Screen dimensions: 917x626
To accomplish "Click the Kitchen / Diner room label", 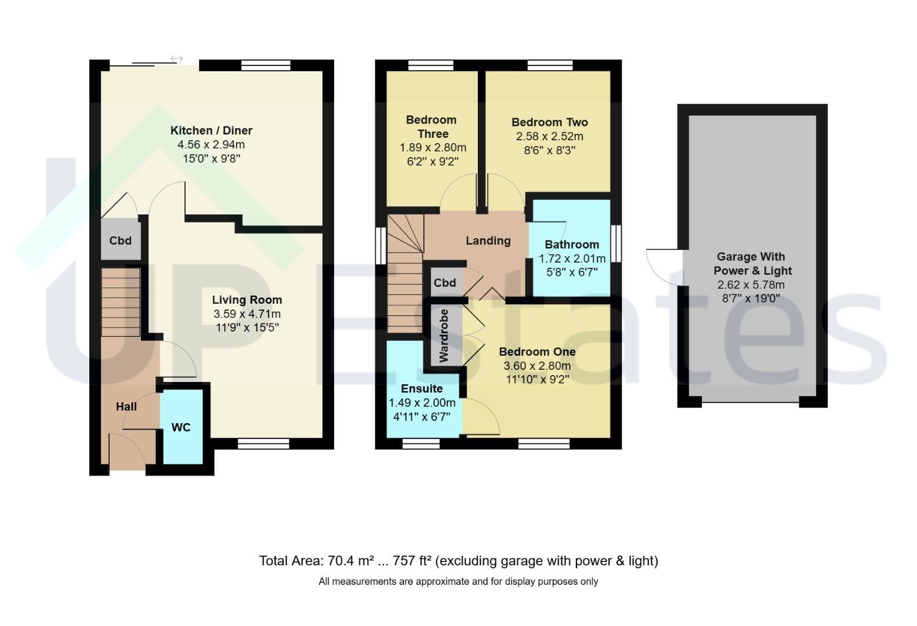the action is [x=211, y=130].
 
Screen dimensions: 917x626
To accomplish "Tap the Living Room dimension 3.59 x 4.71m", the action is [x=247, y=314].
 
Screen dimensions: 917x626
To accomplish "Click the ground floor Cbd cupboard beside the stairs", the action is [x=121, y=240].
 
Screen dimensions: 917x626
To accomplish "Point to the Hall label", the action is [x=126, y=407].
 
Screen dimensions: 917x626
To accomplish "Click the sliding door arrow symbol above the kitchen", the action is [x=177, y=59].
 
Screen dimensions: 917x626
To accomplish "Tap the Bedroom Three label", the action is [x=432, y=127].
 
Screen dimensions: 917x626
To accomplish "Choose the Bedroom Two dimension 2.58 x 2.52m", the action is [x=549, y=136].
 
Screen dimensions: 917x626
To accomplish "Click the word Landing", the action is [x=488, y=241].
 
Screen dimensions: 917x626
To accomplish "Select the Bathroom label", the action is [x=572, y=245].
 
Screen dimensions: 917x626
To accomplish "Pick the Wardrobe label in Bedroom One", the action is [x=444, y=336].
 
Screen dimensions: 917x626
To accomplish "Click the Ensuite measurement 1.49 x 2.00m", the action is [x=422, y=403].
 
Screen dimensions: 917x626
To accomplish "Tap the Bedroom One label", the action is [x=537, y=352].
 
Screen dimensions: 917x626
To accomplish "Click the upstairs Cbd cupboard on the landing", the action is [x=445, y=282].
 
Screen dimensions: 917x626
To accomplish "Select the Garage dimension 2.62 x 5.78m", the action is [x=751, y=285].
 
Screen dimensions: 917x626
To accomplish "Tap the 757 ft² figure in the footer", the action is [x=412, y=561].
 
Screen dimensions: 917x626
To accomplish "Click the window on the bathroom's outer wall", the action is [x=616, y=243].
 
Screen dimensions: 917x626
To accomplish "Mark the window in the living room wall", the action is [x=264, y=443].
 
